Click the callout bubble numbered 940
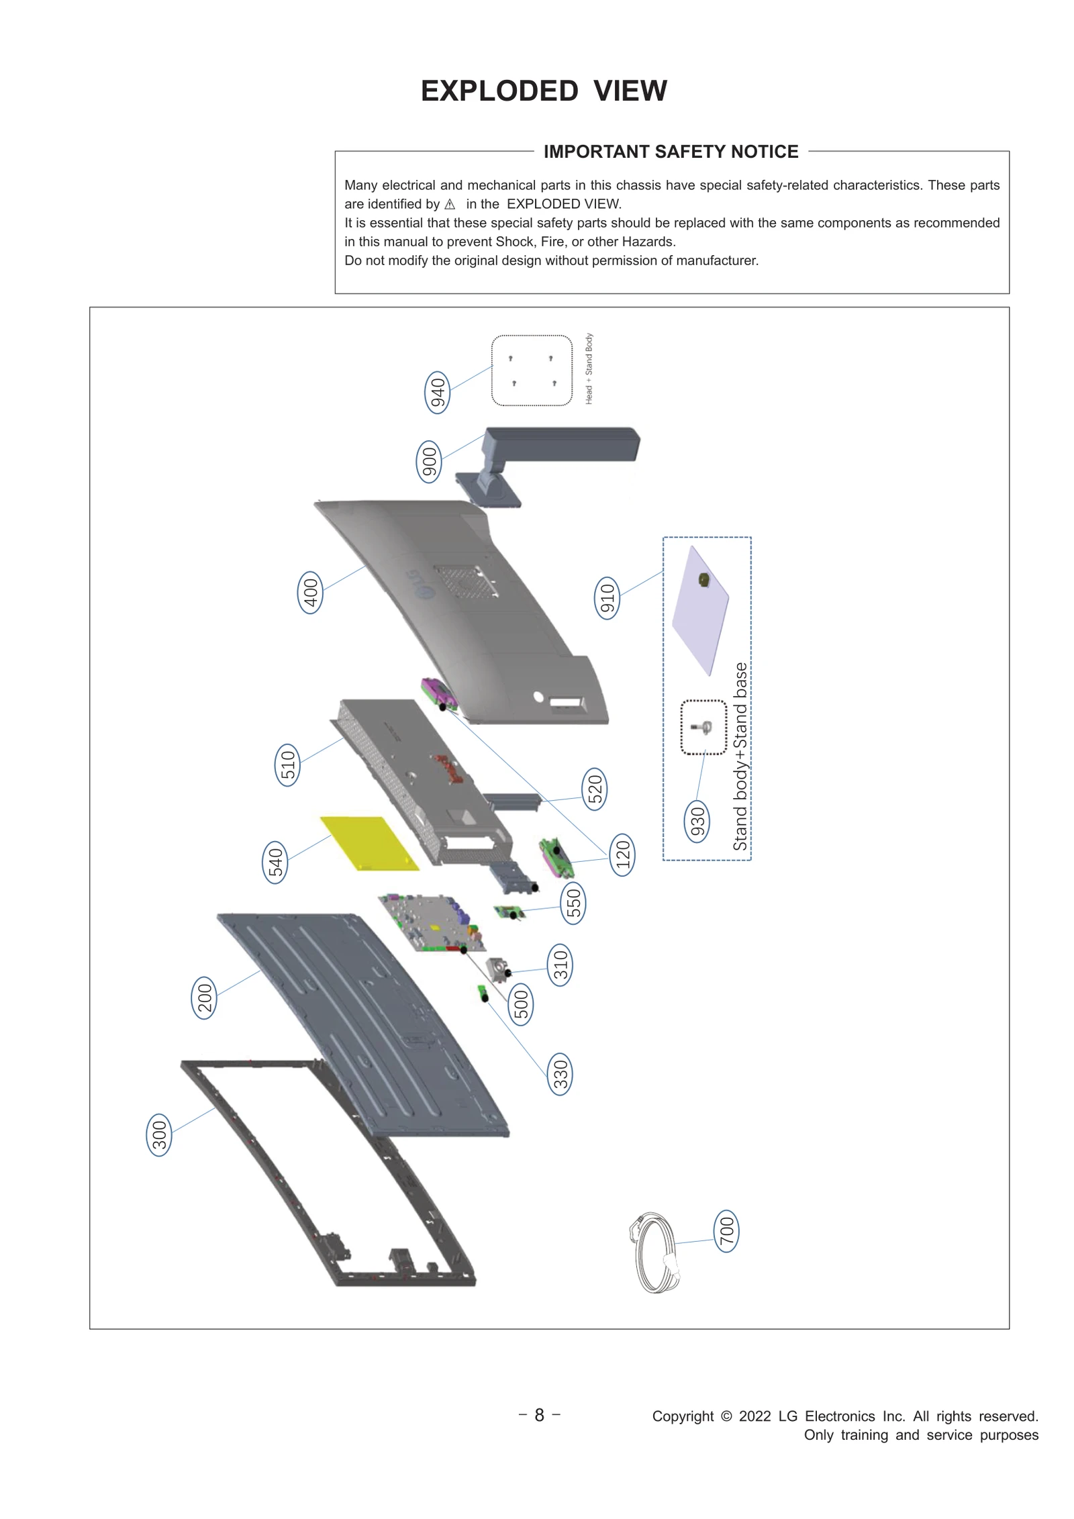pos(438,392)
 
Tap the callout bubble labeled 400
pos(310,593)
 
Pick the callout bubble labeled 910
pos(607,597)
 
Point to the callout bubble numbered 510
pos(287,765)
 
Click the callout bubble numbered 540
pos(275,863)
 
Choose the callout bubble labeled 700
pos(726,1232)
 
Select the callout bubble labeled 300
pos(159,1135)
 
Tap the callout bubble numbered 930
pos(697,821)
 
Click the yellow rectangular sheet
pos(369,843)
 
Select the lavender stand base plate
pos(700,609)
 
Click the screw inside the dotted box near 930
pos(703,727)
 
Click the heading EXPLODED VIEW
pos(544,91)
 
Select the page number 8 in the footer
pos(539,1415)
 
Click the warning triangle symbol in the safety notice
pos(450,205)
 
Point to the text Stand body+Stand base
pos(740,756)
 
